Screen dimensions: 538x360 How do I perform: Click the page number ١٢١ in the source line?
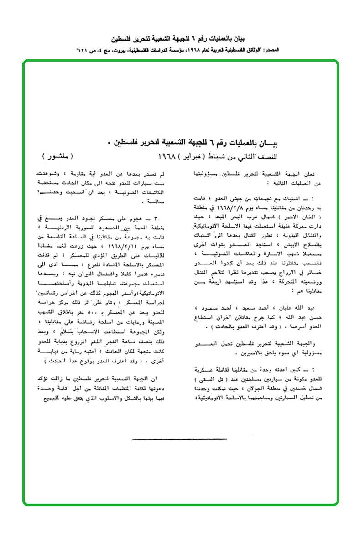point(82,48)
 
